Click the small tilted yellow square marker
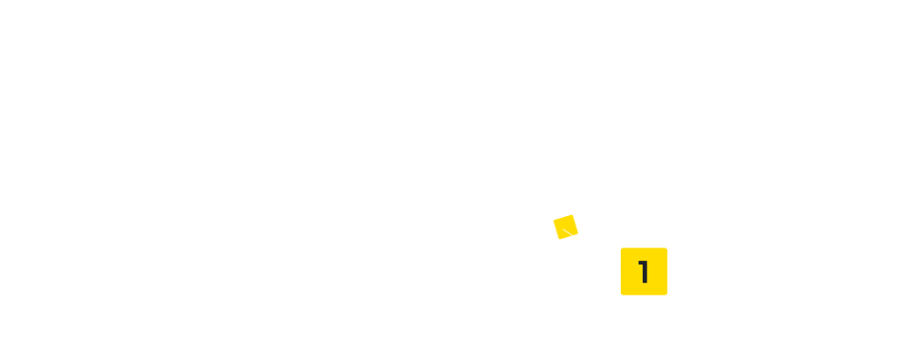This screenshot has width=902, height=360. pyautogui.click(x=565, y=228)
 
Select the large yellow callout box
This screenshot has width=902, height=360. pyautogui.click(x=644, y=272)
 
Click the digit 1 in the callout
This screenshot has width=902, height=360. pyautogui.click(x=645, y=272)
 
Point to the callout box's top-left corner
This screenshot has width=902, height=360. pyautogui.click(x=622, y=249)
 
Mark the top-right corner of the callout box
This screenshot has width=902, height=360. pyautogui.click(x=667, y=249)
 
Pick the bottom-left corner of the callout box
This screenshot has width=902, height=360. pyautogui.click(x=622, y=295)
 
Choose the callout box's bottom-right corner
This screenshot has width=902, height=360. pyautogui.click(x=667, y=295)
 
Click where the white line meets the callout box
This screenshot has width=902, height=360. pyautogui.click(x=621, y=266)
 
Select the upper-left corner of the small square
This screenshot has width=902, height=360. pyautogui.click(x=553, y=221)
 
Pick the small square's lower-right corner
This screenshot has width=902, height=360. pyautogui.click(x=578, y=233)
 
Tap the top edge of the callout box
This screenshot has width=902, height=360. pyautogui.click(x=644, y=249)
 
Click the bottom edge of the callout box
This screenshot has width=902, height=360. pyautogui.click(x=644, y=295)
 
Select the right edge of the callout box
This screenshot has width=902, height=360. pyautogui.click(x=667, y=272)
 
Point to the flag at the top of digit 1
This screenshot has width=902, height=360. pyautogui.click(x=640, y=262)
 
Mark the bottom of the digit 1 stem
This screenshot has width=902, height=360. pyautogui.click(x=646, y=283)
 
